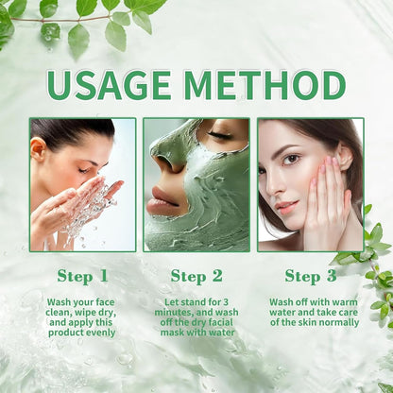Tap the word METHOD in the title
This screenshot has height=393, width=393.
(x=267, y=85)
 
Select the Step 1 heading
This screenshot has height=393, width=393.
(x=82, y=277)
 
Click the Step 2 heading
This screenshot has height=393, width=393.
(x=196, y=277)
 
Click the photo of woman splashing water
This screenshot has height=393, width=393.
(x=82, y=184)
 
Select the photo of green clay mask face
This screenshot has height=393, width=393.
(x=196, y=184)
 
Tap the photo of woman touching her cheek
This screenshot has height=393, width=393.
(x=310, y=184)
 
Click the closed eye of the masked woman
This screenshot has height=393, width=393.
(x=220, y=135)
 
